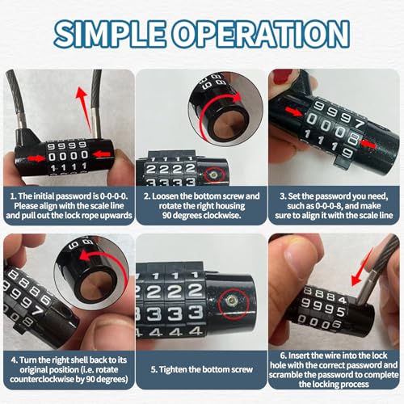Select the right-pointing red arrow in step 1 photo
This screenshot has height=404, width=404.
(32, 153)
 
